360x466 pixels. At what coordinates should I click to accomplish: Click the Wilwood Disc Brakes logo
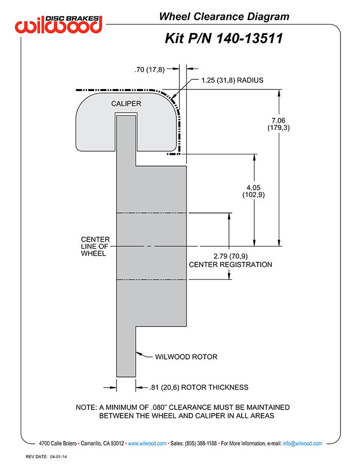[59, 24]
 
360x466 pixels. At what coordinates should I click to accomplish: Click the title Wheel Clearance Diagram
[224, 16]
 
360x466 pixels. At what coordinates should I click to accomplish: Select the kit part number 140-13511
[249, 39]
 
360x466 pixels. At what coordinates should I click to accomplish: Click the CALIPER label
[126, 104]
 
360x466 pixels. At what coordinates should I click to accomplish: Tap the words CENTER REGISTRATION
[230, 264]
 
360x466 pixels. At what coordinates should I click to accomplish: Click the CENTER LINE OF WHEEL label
[95, 246]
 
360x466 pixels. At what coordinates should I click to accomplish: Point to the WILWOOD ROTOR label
[186, 356]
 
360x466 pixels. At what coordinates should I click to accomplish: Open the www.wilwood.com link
[147, 443]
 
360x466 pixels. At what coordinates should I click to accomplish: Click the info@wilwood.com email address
[302, 443]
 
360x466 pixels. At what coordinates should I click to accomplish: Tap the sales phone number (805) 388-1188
[201, 443]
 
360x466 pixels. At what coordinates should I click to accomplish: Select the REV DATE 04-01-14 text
[46, 457]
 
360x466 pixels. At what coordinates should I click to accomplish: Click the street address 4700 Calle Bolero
[58, 443]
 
